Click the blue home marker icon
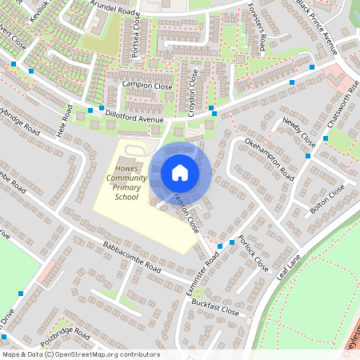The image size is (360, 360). (180, 172)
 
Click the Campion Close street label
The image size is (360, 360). (146, 85)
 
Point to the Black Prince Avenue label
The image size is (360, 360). (317, 27)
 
